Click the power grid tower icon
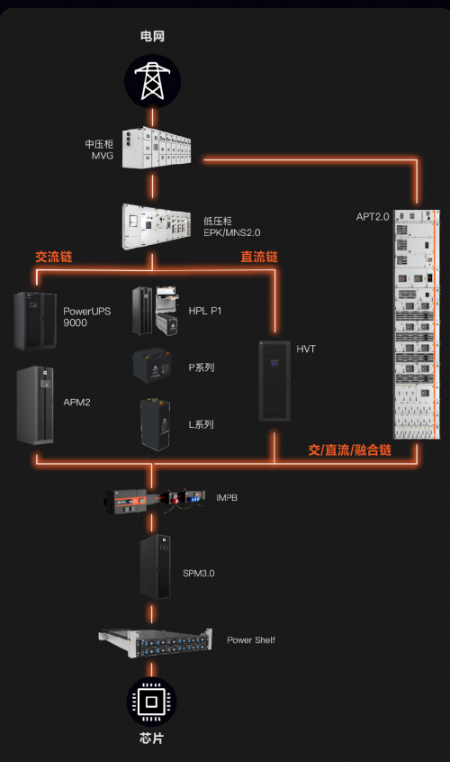tap(152, 80)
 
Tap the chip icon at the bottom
tap(152, 702)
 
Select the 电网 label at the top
tap(152, 35)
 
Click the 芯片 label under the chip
tap(152, 739)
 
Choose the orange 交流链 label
tap(53, 257)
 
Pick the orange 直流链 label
tap(259, 257)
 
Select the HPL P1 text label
tap(205, 311)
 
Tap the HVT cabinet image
tap(274, 380)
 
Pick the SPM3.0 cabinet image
tap(155, 567)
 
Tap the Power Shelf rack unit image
tap(155, 642)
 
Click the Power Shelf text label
tap(251, 640)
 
